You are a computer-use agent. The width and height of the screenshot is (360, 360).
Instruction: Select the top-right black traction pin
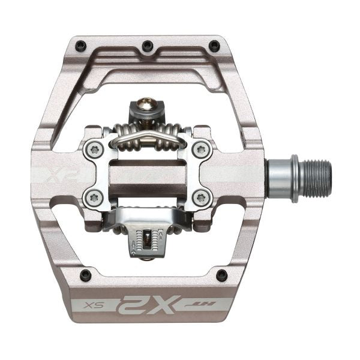(x=213, y=44)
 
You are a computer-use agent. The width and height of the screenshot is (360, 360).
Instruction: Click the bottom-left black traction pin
(x=86, y=275)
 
